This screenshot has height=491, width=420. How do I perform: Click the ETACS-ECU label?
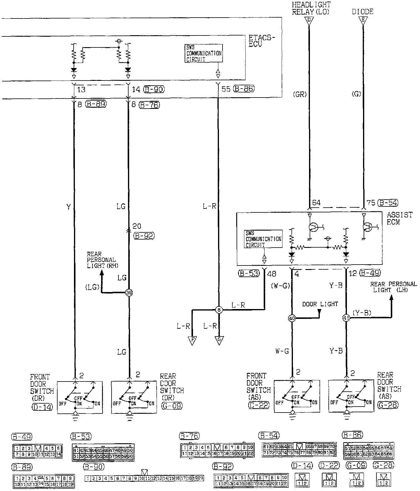click(262, 41)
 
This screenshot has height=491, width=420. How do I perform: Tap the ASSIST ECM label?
click(399, 218)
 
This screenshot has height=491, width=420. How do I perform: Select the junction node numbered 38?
click(129, 293)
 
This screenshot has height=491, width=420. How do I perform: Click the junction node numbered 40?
click(291, 319)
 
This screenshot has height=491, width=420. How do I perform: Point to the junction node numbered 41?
click(346, 319)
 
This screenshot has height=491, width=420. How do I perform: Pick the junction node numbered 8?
click(219, 310)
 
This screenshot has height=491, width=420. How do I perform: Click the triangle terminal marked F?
click(192, 340)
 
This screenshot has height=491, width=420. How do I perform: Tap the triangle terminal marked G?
click(219, 340)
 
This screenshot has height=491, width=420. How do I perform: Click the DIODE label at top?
click(362, 12)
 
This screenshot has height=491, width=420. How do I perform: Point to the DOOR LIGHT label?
click(320, 304)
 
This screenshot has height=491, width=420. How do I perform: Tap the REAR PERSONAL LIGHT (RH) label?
click(101, 260)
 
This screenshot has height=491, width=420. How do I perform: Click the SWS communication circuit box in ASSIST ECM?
click(263, 239)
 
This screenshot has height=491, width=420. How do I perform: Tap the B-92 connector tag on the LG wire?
click(144, 236)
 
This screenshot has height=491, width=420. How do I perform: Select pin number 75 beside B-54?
click(371, 203)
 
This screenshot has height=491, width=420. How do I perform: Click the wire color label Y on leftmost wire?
click(69, 207)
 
